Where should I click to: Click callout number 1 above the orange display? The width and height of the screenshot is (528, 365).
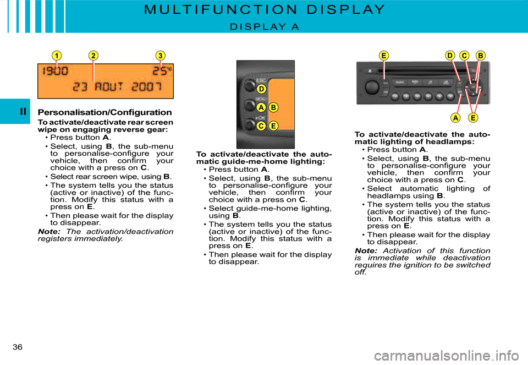pyautogui.click(x=57, y=56)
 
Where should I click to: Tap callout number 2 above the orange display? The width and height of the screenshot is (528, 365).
pyautogui.click(x=94, y=56)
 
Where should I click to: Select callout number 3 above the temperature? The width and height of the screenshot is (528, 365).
pyautogui.click(x=160, y=56)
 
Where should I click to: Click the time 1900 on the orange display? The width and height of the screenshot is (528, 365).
pyautogui.click(x=55, y=71)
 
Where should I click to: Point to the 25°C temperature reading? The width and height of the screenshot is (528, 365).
pyautogui.click(x=162, y=71)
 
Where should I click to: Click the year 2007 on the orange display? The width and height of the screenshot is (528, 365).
pyautogui.click(x=146, y=86)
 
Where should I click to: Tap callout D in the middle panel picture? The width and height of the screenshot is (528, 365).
pyautogui.click(x=261, y=89)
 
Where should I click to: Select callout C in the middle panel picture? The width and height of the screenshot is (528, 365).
pyautogui.click(x=261, y=126)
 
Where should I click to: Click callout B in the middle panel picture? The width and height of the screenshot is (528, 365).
pyautogui.click(x=273, y=107)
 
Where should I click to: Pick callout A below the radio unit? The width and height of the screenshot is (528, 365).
pyautogui.click(x=455, y=118)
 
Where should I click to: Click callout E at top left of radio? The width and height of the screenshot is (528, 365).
pyautogui.click(x=383, y=56)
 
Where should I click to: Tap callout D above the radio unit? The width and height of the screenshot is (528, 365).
pyautogui.click(x=450, y=55)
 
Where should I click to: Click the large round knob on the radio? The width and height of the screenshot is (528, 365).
pyautogui.click(x=372, y=87)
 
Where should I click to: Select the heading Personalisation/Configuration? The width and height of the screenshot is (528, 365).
pyautogui.click(x=105, y=112)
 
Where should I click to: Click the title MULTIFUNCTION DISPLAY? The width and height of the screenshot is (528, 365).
pyautogui.click(x=265, y=9)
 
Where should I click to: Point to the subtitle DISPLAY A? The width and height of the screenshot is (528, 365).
pyautogui.click(x=265, y=26)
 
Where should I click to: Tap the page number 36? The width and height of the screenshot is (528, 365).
pyautogui.click(x=18, y=347)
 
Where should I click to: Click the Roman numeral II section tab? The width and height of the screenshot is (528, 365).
pyautogui.click(x=23, y=112)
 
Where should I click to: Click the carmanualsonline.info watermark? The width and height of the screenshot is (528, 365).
pyautogui.click(x=447, y=355)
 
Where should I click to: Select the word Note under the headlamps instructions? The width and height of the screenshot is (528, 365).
pyautogui.click(x=366, y=250)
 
